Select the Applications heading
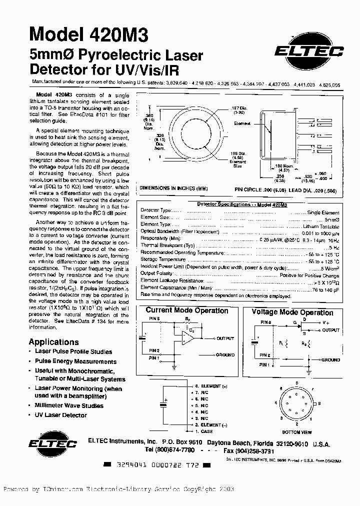[x=53, y=342]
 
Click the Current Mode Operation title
[x=186, y=311]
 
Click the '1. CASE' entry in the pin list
[x=203, y=431]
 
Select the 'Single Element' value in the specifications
[x=323, y=212]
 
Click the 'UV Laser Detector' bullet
[x=60, y=415]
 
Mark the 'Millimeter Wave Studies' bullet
[x=69, y=406]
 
